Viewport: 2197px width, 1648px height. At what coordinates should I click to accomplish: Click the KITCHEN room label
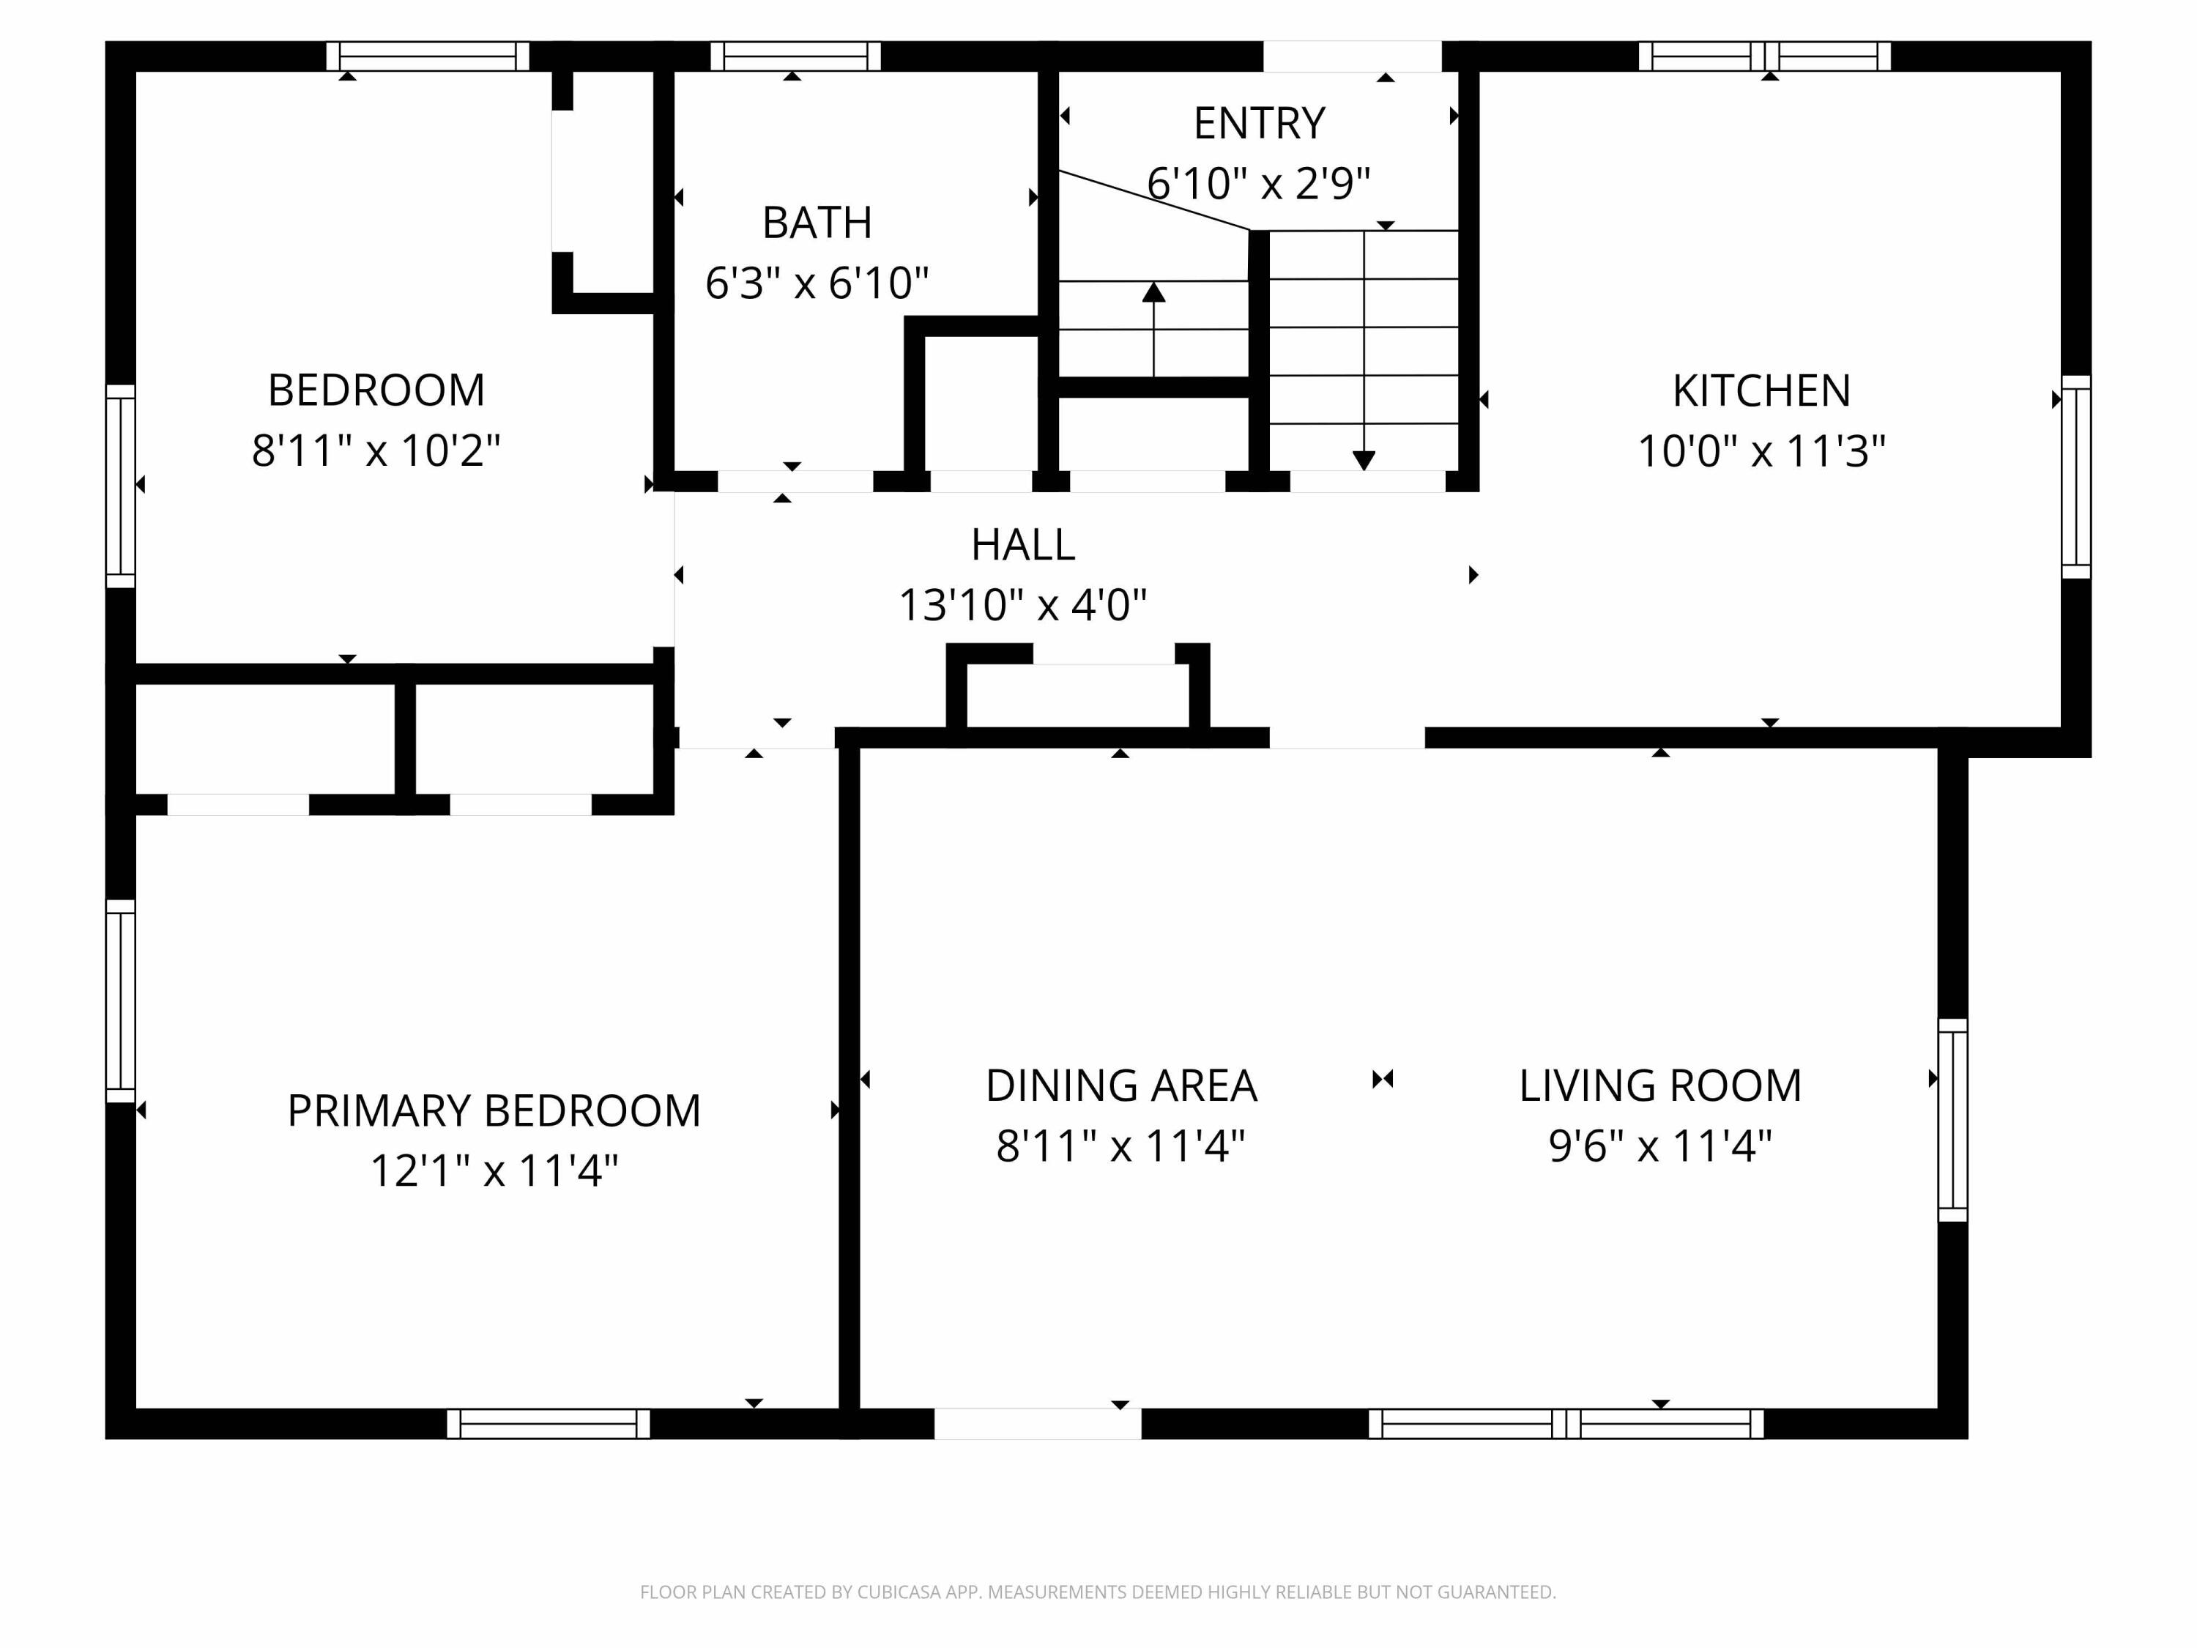pos(1761,390)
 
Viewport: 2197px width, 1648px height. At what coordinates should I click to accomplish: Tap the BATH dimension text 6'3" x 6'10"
pos(817,283)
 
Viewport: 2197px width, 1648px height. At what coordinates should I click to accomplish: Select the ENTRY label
pos(1258,123)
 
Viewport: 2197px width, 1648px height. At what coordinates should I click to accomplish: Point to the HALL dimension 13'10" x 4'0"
pos(1022,605)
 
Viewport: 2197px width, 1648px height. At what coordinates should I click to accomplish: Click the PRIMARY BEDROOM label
pos(494,1110)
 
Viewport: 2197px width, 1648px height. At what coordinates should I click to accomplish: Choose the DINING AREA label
pos(1120,1085)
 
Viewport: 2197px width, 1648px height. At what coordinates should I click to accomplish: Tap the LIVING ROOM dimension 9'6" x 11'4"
pos(1659,1146)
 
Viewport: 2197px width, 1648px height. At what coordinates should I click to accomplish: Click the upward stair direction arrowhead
pos(1153,292)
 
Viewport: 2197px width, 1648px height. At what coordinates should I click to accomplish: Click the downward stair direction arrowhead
pos(1364,460)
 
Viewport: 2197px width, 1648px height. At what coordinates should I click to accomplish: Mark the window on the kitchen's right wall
pos(2076,477)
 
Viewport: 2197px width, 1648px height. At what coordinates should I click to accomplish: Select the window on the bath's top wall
pos(795,56)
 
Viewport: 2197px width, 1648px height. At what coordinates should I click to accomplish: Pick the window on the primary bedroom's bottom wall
pos(549,1423)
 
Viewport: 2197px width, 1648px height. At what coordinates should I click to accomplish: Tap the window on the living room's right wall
pos(1952,1119)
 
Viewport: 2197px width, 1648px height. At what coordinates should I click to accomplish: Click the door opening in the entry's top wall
pos(1352,56)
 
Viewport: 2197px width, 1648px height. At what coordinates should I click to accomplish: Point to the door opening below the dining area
pos(1037,1423)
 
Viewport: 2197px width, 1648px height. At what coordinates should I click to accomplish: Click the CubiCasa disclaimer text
pos(1098,1592)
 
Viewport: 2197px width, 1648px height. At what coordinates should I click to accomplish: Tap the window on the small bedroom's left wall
pos(120,486)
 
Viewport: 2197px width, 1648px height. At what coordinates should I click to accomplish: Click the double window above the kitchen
pos(1764,56)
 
